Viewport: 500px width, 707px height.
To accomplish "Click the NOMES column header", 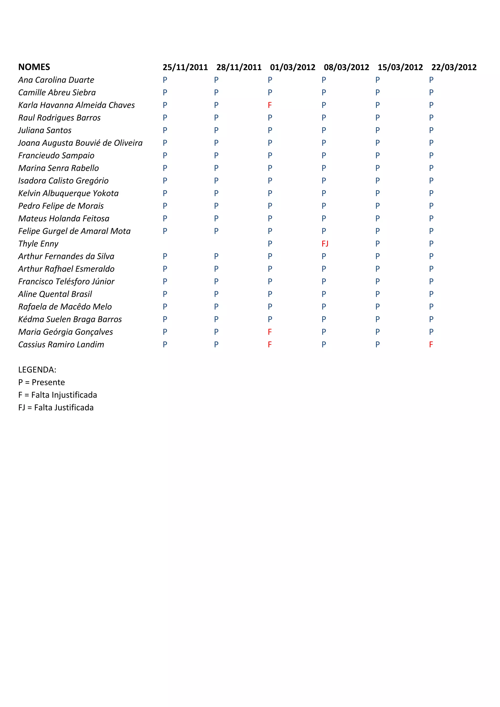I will coord(34,67).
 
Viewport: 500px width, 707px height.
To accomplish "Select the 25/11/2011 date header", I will coord(185,67).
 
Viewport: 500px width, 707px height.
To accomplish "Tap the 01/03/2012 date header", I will coord(292,67).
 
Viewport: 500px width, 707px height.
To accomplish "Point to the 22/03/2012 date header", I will coord(454,67).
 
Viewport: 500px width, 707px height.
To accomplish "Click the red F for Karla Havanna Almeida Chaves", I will coord(270,105).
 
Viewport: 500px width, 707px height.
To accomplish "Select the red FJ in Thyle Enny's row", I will coord(325,244).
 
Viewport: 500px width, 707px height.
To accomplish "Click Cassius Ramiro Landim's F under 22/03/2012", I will coord(431,344).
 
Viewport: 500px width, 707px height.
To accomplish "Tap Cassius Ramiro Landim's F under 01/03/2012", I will coord(270,344).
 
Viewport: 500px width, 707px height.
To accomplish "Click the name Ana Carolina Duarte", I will coord(56,80).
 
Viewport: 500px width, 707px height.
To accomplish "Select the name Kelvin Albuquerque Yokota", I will coord(68,193).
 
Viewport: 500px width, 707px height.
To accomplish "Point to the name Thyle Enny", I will coord(38,244).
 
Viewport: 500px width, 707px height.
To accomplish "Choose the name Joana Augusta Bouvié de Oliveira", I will coord(80,143).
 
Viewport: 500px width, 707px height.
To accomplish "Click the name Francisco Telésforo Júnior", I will coord(66,281).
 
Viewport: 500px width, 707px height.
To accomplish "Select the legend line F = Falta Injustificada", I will coord(58,395).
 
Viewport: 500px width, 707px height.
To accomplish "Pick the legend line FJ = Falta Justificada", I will coord(56,407).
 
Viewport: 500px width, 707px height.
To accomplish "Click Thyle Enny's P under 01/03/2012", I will coord(270,244).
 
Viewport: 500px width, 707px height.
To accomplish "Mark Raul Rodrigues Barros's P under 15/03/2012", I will coord(377,118).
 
